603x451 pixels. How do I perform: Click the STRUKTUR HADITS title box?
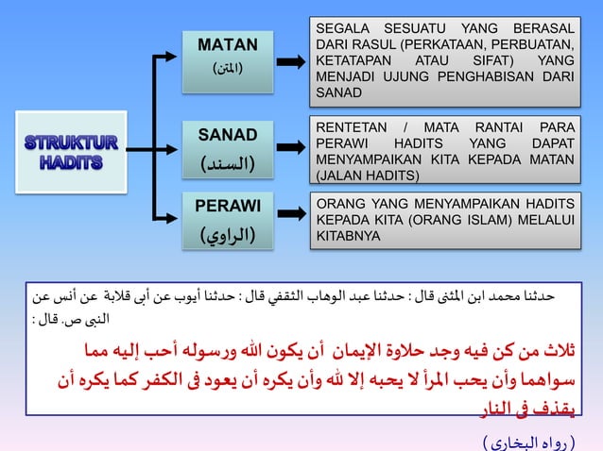click(72, 152)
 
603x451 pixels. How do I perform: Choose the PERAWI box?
click(228, 219)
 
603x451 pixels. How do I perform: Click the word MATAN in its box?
click(228, 44)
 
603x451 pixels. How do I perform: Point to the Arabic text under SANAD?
click(228, 163)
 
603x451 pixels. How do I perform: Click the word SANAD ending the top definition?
click(337, 93)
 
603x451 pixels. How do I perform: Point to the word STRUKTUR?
click(72, 142)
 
